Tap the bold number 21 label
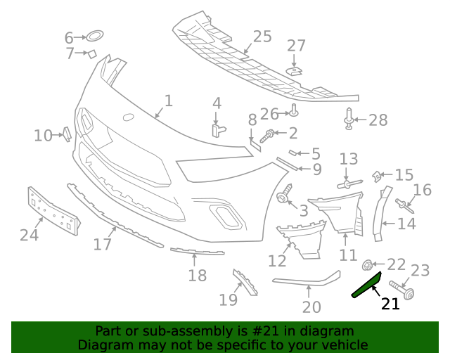click(390, 304)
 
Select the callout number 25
click(262, 37)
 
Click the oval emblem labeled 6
click(94, 36)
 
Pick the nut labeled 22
click(367, 265)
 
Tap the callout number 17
click(103, 244)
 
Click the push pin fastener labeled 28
click(349, 119)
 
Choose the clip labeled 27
click(296, 70)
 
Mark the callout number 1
click(168, 101)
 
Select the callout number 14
click(407, 224)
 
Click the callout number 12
click(277, 261)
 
